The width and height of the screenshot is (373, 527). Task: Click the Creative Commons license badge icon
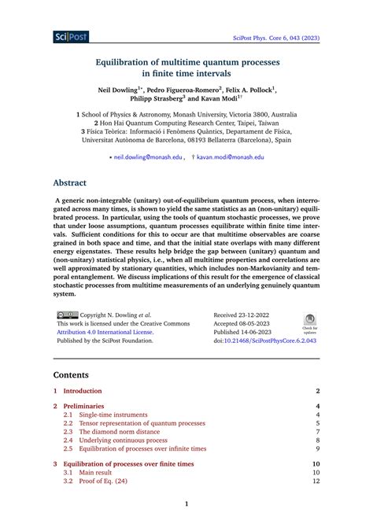point(68,313)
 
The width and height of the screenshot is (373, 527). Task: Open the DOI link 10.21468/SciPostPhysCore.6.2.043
point(271,342)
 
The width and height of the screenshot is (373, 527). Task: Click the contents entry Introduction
point(83,391)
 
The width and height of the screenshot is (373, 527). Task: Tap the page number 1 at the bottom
point(186,504)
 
